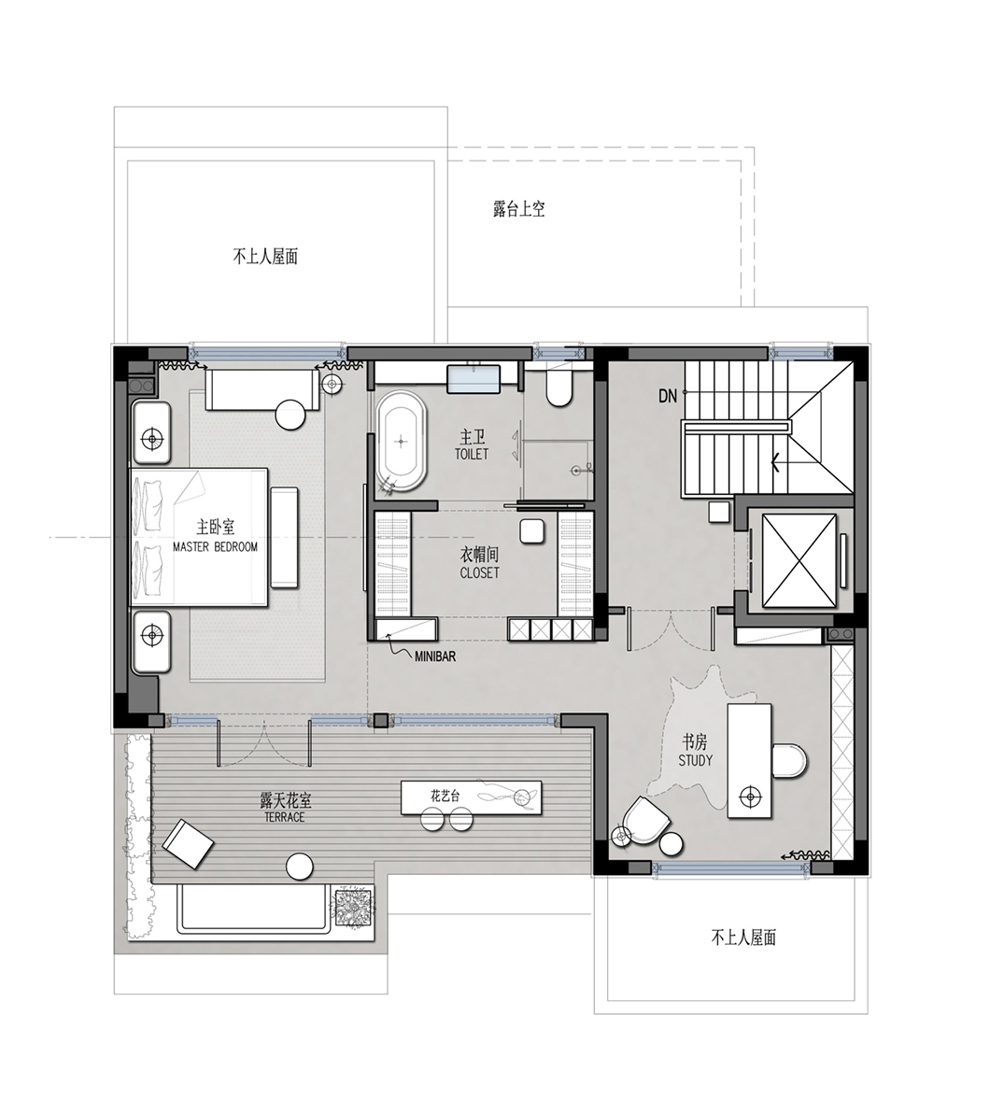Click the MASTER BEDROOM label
[x=216, y=546]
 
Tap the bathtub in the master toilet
[x=401, y=441]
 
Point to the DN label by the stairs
[x=668, y=396]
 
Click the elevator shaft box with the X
[x=799, y=559]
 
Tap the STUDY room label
[x=695, y=760]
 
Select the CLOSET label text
[x=480, y=572]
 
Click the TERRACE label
[x=285, y=817]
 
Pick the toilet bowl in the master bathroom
[x=559, y=388]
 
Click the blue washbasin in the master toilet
[x=473, y=379]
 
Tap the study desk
[x=749, y=760]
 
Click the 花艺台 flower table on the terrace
[x=472, y=797]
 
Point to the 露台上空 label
[x=518, y=208]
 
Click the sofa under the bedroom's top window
[x=262, y=390]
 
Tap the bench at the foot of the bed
[x=284, y=537]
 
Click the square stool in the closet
[x=534, y=531]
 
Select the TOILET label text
[x=472, y=454]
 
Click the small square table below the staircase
[x=719, y=512]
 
